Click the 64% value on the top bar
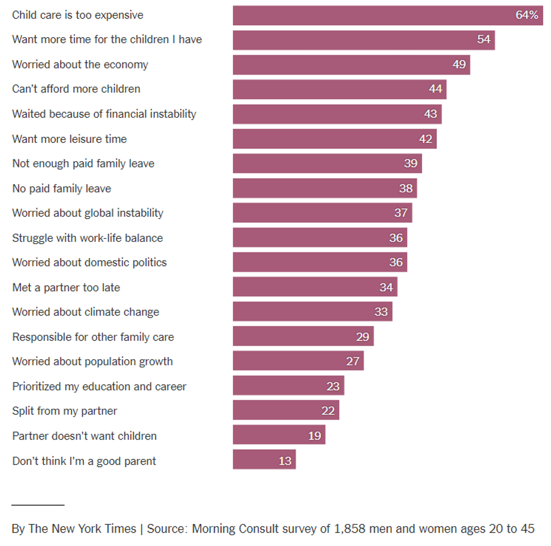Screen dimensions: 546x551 (x=527, y=15)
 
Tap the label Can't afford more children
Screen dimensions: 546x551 (x=76, y=89)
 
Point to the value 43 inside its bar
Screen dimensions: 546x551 (x=431, y=114)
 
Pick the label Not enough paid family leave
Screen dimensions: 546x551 (x=83, y=164)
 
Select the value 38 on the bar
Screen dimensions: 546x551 (x=406, y=188)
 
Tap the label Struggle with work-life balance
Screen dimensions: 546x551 (x=87, y=238)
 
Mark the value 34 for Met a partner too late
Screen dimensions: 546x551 (x=386, y=287)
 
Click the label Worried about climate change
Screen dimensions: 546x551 (x=85, y=312)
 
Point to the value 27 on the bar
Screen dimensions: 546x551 (x=353, y=362)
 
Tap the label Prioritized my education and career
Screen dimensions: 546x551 (x=99, y=386)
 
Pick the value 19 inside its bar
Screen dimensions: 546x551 (x=314, y=436)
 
